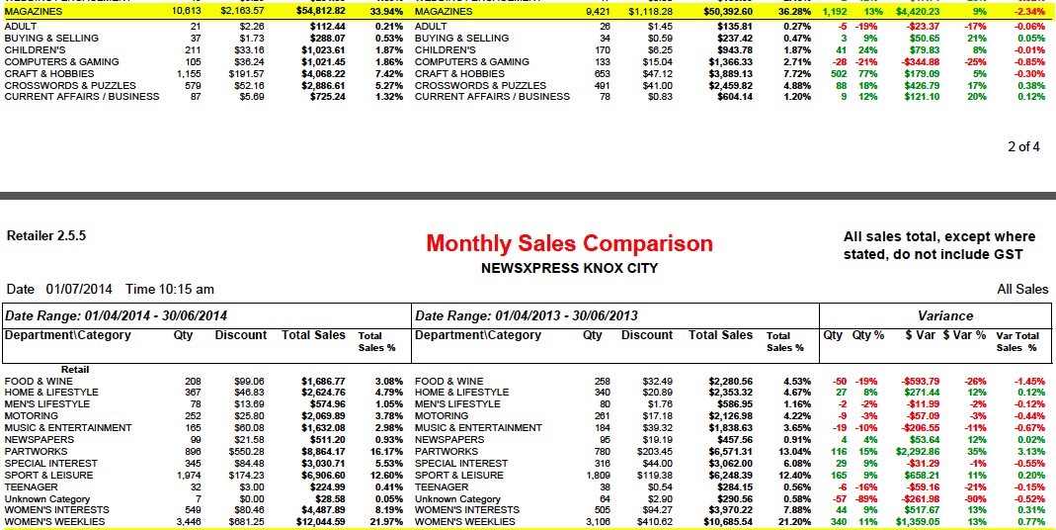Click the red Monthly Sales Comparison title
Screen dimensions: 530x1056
point(569,243)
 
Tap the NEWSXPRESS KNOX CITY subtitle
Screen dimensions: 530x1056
point(569,268)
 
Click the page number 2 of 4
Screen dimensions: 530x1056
point(1023,146)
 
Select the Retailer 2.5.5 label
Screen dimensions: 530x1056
point(46,236)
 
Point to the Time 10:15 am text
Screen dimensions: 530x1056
point(171,289)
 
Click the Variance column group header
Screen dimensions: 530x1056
point(945,315)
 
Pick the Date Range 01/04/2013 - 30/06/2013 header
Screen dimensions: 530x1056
point(527,315)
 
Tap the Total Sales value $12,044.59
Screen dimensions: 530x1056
point(323,522)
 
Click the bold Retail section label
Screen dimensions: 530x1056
point(75,369)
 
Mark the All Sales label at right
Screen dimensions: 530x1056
point(1022,289)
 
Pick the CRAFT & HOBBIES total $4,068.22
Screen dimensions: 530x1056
point(323,73)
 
